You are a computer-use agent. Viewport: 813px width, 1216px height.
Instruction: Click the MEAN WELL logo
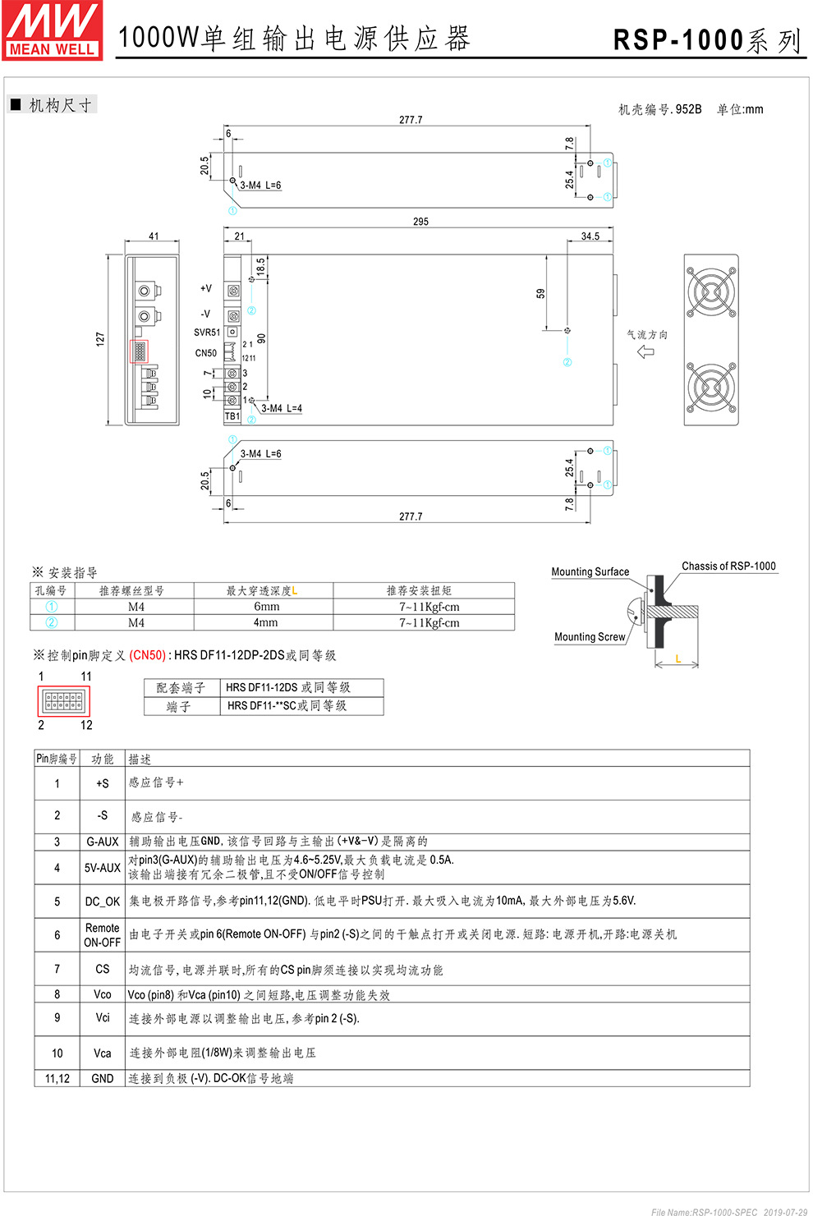click(x=53, y=30)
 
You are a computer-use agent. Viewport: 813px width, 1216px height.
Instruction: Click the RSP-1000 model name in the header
click(x=678, y=40)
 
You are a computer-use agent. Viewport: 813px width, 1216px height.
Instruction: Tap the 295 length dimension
click(x=420, y=222)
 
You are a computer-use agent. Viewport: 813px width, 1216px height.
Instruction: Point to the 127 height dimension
click(x=100, y=338)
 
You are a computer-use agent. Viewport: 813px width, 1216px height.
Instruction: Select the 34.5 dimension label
click(x=590, y=236)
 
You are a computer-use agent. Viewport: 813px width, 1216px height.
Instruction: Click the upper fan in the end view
click(x=711, y=291)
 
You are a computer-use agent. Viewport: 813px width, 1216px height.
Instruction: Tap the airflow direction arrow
click(x=646, y=352)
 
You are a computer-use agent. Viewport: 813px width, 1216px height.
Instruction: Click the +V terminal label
click(x=205, y=289)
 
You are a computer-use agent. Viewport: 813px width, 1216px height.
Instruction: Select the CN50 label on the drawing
click(x=205, y=354)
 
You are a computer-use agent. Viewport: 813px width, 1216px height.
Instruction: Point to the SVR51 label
click(x=207, y=333)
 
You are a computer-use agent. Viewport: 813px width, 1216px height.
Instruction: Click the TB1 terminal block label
click(x=232, y=416)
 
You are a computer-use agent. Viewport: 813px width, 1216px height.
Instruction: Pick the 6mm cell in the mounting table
click(x=266, y=607)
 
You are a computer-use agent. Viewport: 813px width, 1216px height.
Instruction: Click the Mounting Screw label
click(x=589, y=637)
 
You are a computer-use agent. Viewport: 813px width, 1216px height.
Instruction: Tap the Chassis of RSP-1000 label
click(x=728, y=567)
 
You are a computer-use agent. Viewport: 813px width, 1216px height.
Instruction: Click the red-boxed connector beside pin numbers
click(x=63, y=701)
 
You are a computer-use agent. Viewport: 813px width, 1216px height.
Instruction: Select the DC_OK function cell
click(x=103, y=902)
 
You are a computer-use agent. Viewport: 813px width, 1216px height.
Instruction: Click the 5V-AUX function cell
click(x=103, y=868)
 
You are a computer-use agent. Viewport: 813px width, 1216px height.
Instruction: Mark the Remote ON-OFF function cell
click(x=103, y=935)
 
